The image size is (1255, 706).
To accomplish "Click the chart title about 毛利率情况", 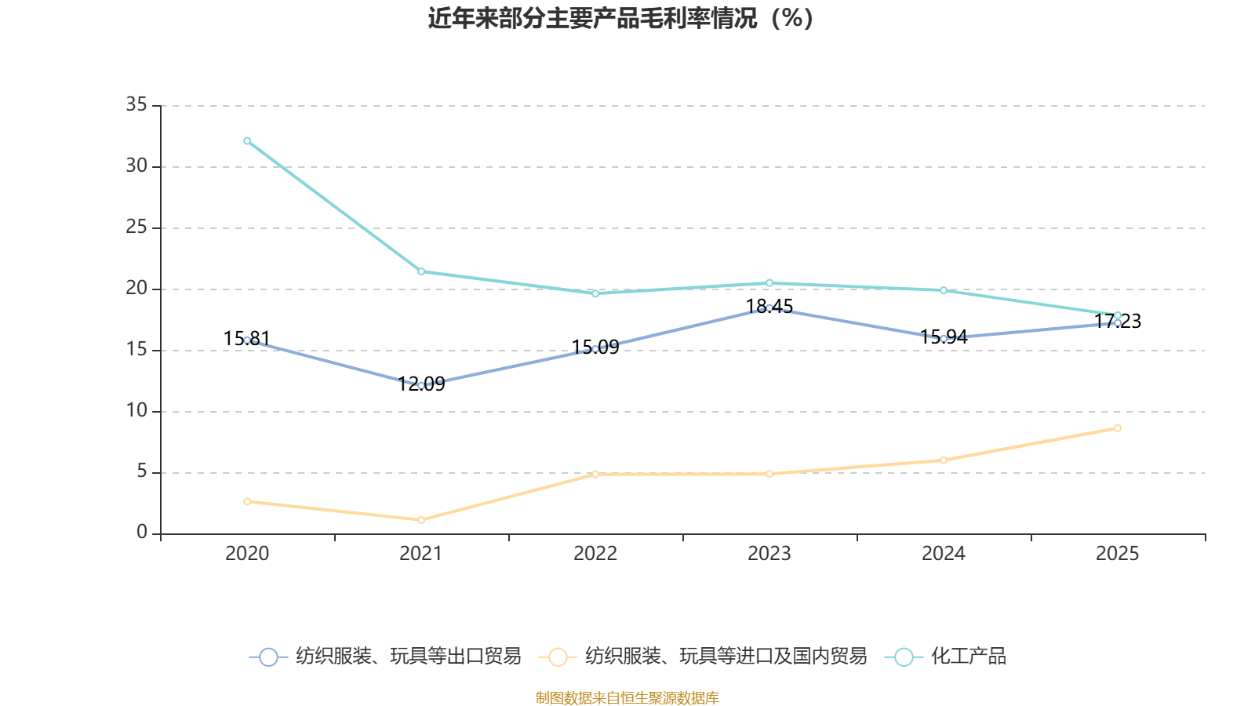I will click(x=620, y=18).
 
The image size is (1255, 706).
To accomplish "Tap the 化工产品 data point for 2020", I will click(x=247, y=141).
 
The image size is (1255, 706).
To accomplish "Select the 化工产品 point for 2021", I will click(x=421, y=271).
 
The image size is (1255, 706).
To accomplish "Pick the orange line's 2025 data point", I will click(x=1117, y=428).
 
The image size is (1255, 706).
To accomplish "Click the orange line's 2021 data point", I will click(x=421, y=520).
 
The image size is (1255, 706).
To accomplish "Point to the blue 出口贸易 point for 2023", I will click(x=769, y=308).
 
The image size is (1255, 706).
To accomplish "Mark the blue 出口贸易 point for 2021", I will click(x=421, y=386).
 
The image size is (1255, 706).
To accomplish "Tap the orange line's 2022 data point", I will click(x=595, y=474).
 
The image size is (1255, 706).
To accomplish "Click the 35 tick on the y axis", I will click(x=136, y=104).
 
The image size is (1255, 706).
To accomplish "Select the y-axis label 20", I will click(x=136, y=288).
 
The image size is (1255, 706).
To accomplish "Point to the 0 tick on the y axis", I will click(x=142, y=533).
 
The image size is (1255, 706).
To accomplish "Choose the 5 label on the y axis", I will click(x=142, y=471).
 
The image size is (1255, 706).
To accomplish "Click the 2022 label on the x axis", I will click(x=595, y=554).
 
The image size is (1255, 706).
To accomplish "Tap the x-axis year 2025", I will click(x=1117, y=554).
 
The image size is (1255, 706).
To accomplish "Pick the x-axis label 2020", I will click(x=247, y=554).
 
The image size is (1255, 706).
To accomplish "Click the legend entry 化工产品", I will click(x=968, y=657).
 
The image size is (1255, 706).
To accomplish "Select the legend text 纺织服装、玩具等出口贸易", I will click(x=408, y=657).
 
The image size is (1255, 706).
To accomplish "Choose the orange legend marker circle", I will click(x=558, y=657).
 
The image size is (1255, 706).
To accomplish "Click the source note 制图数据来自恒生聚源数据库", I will click(x=627, y=697).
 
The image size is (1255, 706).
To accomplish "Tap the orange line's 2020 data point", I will click(x=247, y=501).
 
